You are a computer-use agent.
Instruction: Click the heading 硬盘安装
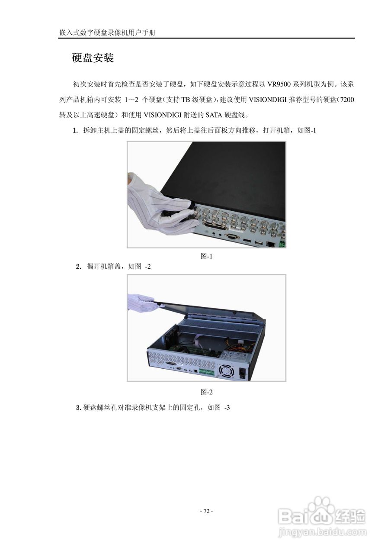click(x=93, y=58)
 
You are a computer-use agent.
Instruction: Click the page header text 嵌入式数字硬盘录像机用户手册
click(x=107, y=33)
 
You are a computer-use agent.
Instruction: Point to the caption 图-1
click(x=206, y=256)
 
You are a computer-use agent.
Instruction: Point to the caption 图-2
click(x=206, y=392)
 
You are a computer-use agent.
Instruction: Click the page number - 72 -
click(x=206, y=511)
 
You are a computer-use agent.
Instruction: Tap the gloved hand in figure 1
click(x=162, y=203)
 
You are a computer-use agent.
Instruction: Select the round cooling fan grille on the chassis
click(x=226, y=371)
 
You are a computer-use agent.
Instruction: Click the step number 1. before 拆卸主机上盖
click(x=75, y=130)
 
